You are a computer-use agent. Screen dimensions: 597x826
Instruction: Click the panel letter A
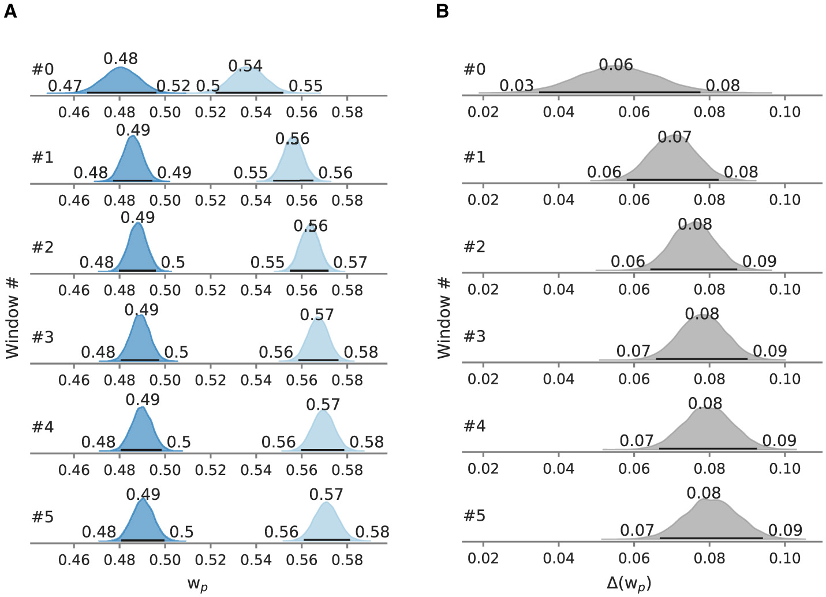pos(10,11)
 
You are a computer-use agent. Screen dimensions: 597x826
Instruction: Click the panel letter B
pos(442,11)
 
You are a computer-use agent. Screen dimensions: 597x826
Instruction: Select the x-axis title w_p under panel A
pos(197,584)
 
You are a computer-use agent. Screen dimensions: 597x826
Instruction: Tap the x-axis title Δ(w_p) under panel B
pos(629,584)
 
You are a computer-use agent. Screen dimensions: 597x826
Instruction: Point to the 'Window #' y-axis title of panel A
pos(13,318)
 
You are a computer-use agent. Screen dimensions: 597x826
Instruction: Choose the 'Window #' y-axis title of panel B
pos(443,318)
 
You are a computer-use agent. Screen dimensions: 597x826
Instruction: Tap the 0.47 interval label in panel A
pos(65,87)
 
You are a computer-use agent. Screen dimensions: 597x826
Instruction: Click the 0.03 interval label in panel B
pos(516,86)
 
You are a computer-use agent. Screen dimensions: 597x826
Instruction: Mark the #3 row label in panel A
pos(43,337)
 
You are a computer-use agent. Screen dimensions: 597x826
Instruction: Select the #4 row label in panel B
pos(474,426)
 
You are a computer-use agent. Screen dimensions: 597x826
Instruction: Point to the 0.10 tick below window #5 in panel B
pos(784,558)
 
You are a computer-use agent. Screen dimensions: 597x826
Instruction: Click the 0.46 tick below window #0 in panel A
pos(74,112)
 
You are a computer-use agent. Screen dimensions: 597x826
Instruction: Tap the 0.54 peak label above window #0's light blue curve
pos(245,66)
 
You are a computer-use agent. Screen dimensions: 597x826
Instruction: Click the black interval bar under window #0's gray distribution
pos(619,91)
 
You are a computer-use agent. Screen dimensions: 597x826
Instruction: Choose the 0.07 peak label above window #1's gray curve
pos(674,137)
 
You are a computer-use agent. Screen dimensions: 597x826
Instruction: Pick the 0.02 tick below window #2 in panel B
pos(483,290)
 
